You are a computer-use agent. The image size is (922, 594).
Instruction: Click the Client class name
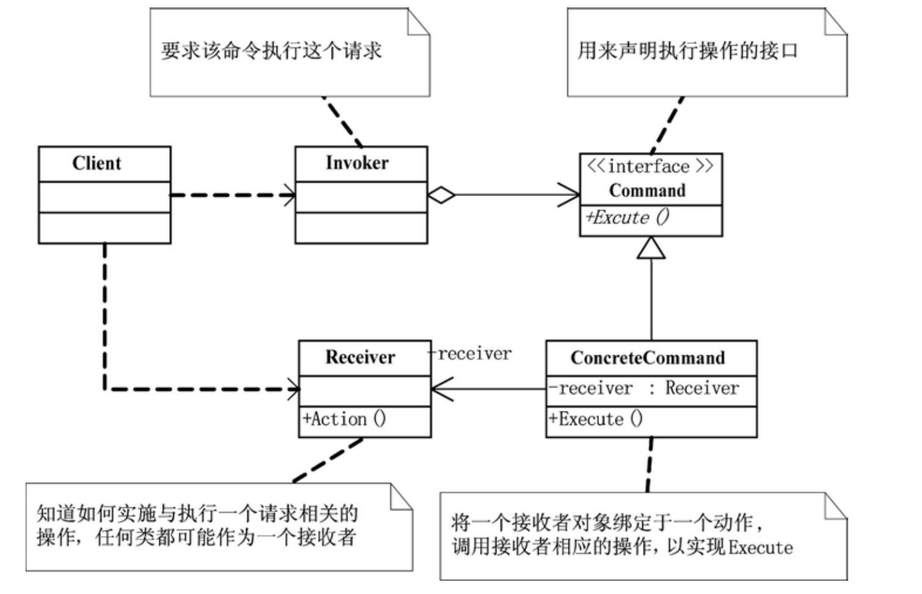coord(97,163)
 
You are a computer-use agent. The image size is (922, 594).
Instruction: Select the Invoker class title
coord(357,163)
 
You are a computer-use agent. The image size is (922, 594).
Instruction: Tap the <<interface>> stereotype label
coord(650,167)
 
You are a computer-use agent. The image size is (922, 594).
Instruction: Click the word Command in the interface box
coord(647,191)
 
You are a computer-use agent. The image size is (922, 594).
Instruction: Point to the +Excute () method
coord(628,217)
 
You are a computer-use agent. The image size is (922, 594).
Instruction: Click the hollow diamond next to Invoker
coord(441,195)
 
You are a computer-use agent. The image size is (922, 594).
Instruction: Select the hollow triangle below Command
coord(651,248)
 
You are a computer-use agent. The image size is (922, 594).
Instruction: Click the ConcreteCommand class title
coord(648,358)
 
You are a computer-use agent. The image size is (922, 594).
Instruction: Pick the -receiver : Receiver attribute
coord(644,388)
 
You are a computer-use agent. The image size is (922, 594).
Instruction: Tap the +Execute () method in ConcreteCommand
coord(596,419)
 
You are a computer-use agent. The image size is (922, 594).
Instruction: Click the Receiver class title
coord(360,358)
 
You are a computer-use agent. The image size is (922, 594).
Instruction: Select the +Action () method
coord(344,419)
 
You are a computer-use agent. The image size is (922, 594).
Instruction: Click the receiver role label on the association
coord(471,354)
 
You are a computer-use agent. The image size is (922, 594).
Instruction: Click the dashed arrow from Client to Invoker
coord(232,195)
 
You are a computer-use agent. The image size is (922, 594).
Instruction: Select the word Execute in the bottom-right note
coord(760,548)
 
